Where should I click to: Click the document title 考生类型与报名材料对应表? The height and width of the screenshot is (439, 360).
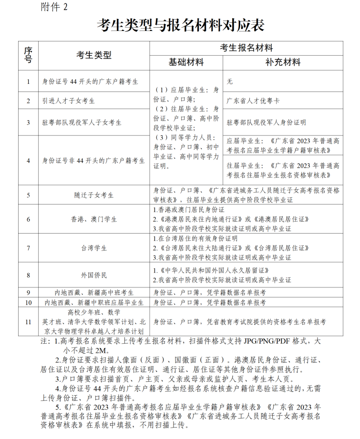180,25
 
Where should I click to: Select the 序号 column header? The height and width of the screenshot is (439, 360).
29,55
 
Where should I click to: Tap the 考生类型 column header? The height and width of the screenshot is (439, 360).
94,55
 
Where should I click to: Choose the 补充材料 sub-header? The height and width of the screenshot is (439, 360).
283,63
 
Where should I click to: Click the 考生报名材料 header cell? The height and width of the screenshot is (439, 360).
246,48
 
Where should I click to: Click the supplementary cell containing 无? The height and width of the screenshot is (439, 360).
230,82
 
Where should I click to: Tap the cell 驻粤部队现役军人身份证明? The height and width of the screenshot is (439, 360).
266,123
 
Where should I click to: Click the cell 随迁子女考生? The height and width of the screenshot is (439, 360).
94,195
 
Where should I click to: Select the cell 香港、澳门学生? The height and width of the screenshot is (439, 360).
94,220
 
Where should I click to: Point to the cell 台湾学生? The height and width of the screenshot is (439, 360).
94,248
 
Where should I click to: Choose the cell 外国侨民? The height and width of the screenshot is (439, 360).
94,275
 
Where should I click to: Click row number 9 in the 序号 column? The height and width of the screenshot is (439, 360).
29,292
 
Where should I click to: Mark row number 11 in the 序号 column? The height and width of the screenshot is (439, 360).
29,322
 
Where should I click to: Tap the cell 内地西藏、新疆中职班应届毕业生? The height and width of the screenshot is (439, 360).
94,302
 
